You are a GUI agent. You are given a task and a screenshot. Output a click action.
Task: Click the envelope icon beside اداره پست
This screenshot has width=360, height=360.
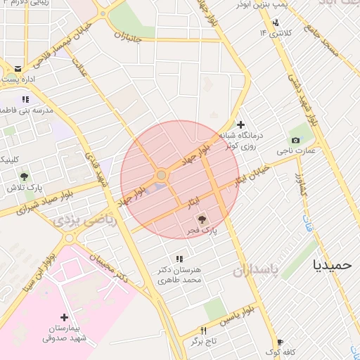17,69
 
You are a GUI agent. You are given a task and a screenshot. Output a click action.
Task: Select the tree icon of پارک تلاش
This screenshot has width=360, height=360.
24,176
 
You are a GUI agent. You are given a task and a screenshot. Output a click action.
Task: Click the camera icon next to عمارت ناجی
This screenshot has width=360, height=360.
295,141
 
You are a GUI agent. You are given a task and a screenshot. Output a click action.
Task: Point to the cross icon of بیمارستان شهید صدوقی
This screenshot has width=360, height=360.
65,318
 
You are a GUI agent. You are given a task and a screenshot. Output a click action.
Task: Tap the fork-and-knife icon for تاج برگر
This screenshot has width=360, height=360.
204,330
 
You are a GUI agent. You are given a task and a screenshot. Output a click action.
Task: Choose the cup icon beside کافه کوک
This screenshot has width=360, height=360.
280,342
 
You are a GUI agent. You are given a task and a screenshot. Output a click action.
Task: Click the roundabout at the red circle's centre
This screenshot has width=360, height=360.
162,174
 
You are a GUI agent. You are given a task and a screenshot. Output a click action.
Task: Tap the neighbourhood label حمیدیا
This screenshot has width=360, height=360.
333,266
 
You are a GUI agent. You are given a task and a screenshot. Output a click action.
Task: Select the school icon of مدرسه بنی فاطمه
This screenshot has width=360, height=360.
25,99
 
